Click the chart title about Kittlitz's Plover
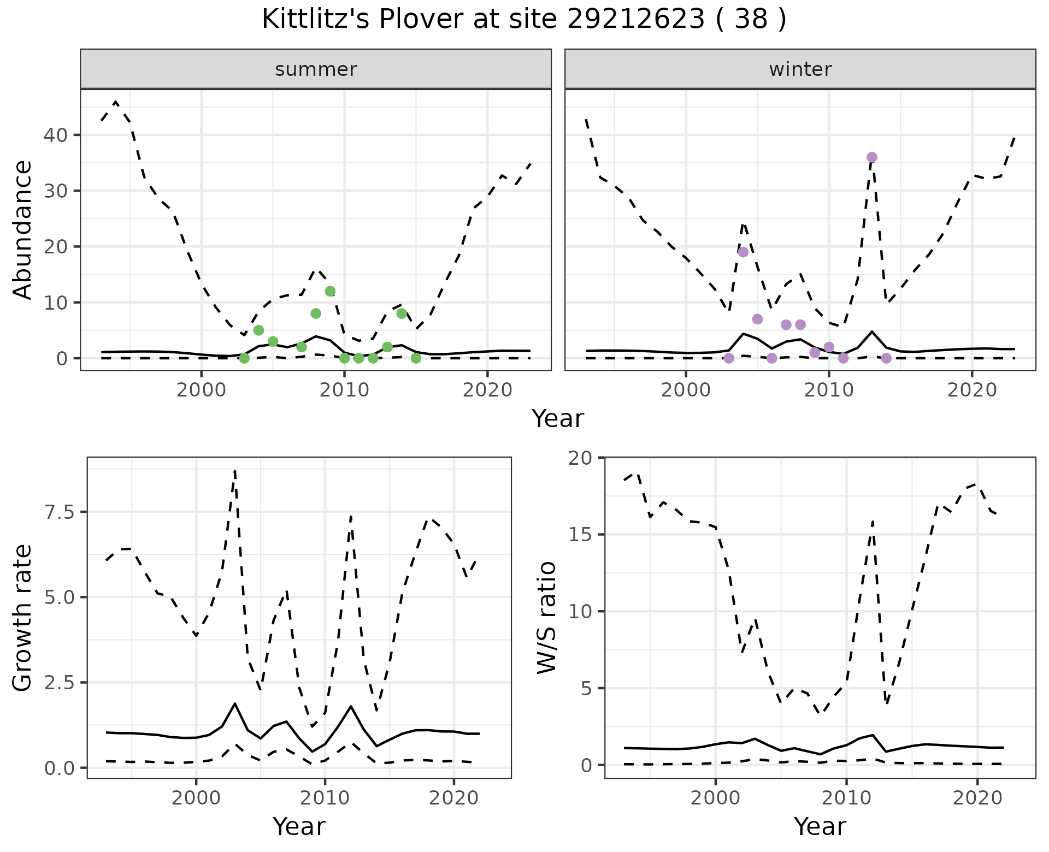pos(524,20)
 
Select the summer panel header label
pos(316,69)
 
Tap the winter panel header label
pos(800,69)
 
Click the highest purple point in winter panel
pos(872,157)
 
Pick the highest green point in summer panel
pos(330,291)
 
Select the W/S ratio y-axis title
pos(546,618)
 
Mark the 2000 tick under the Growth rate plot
pos(196,798)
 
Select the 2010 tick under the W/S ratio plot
pos(846,798)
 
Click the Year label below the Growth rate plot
pos(299,826)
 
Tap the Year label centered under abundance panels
pos(558,419)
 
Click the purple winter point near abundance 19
pos(743,252)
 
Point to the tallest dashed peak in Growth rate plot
pos(234,470)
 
